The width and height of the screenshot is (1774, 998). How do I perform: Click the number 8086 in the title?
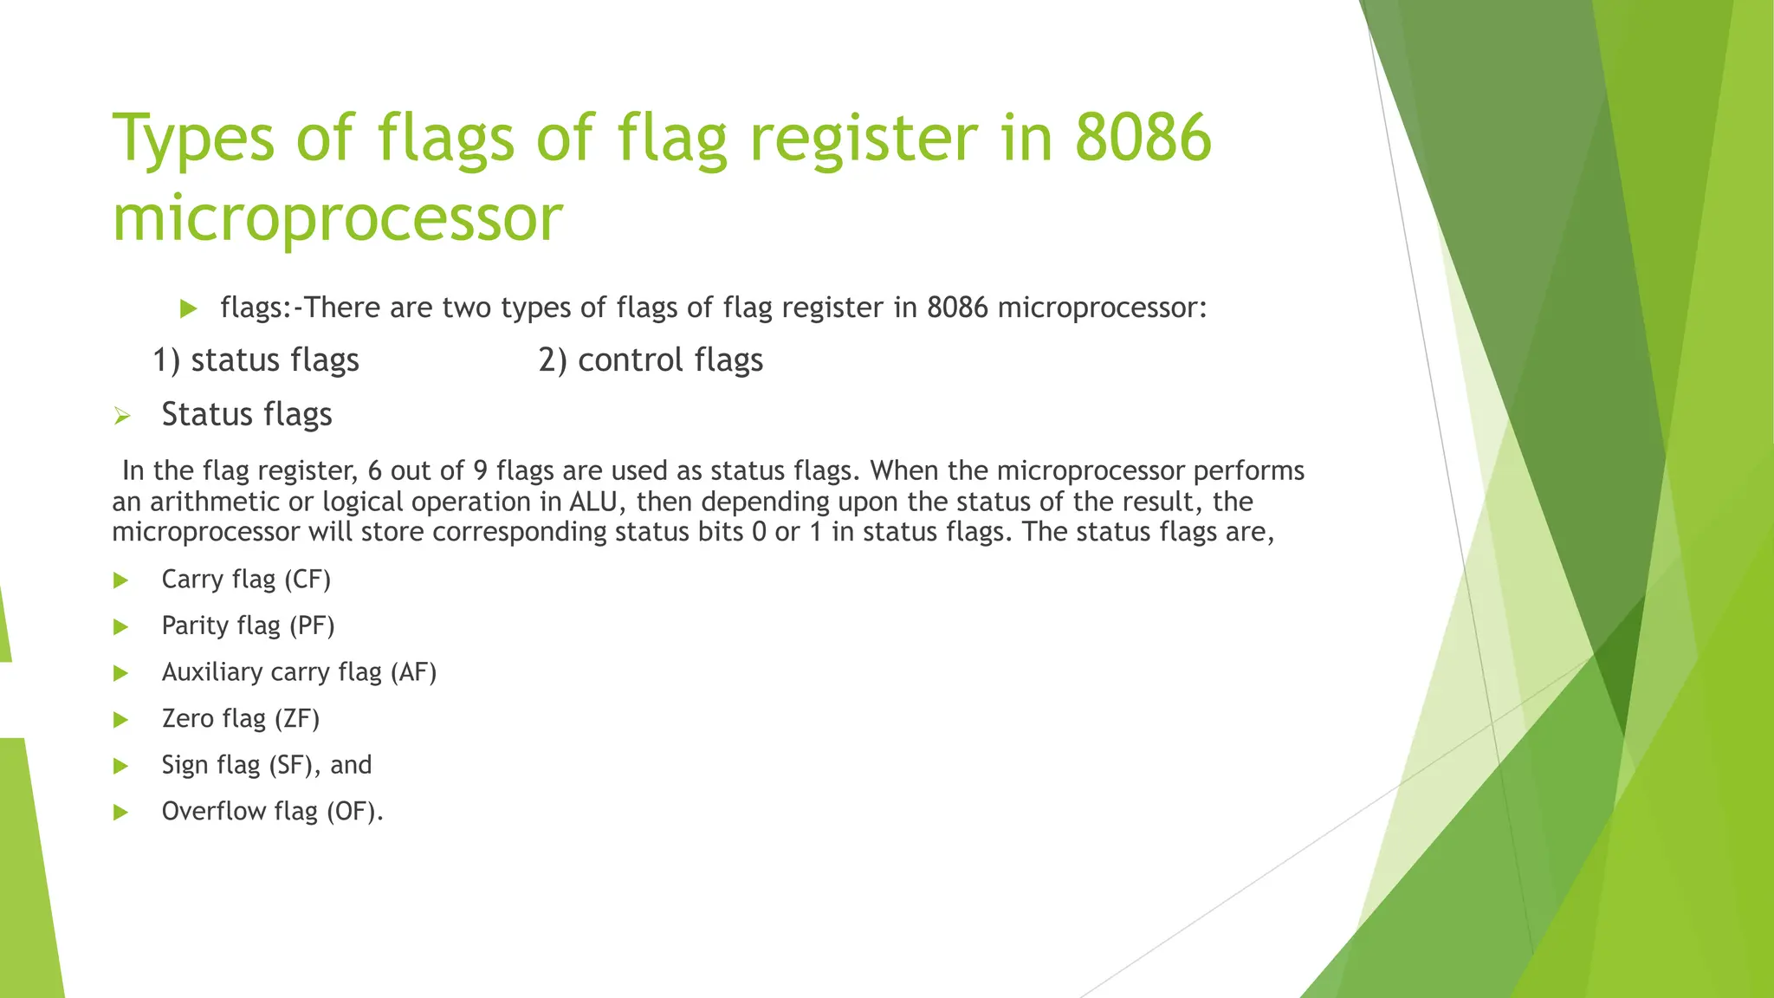pos(1142,139)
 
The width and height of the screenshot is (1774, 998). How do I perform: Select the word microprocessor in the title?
pos(338,218)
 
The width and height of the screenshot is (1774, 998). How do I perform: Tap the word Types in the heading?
pos(192,139)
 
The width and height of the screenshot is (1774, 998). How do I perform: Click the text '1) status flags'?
pos(256,360)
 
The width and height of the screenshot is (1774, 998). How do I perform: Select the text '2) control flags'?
pos(651,360)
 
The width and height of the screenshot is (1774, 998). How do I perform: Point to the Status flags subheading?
pos(247,414)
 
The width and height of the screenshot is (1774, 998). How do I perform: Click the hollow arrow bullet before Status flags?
pos(121,417)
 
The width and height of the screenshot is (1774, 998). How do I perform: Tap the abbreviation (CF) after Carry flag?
pos(307,580)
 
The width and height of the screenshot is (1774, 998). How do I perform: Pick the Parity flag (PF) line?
pos(248,625)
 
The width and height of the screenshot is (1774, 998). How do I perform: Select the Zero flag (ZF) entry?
pos(241,719)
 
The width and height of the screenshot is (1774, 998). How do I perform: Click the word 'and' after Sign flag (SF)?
pos(351,765)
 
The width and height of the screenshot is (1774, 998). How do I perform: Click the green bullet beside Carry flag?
pos(121,580)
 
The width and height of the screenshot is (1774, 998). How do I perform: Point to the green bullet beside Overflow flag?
pos(121,813)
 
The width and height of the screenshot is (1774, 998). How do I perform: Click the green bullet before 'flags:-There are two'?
pos(189,308)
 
